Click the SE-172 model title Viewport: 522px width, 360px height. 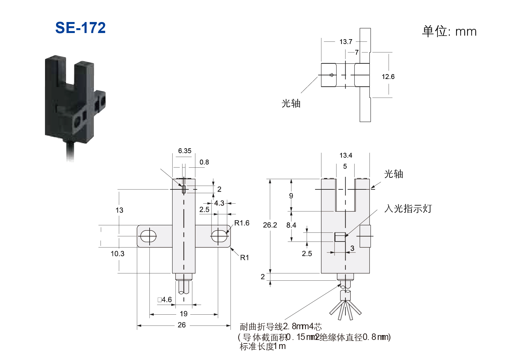point(80,28)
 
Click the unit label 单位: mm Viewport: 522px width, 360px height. point(449,31)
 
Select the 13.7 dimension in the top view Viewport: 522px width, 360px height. point(346,42)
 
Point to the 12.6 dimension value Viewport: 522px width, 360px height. point(388,77)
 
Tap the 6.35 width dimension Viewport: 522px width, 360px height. point(185,151)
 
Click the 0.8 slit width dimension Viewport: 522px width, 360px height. point(204,162)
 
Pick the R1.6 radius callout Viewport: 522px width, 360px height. point(242,223)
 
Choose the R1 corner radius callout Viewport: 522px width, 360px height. point(244,257)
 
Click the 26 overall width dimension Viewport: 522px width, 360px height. point(182,325)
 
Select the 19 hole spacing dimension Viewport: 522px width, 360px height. point(184,314)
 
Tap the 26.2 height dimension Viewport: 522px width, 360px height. point(270,225)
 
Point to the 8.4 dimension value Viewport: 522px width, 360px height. point(291,225)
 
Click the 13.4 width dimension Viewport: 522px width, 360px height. point(346,155)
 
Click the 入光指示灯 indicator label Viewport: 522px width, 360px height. point(408,208)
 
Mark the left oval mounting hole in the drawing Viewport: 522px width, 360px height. point(148,236)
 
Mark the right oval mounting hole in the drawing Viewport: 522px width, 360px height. point(218,236)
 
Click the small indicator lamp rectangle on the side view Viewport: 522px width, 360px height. point(340,237)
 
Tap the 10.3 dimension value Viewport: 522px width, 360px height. point(118,253)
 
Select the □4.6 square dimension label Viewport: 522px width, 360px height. point(165,299)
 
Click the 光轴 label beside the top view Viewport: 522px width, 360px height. point(291,104)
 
